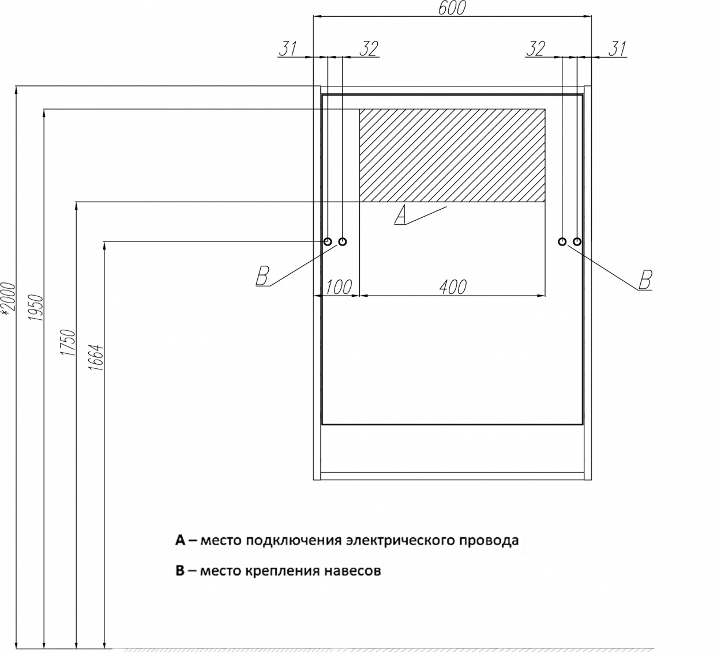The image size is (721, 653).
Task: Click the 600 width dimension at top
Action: coord(452,8)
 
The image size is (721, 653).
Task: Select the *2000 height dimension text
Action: coord(8,300)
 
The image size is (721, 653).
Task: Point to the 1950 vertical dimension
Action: coord(36,307)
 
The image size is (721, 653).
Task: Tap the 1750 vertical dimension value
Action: coord(68,342)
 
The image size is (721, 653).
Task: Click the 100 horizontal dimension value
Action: coord(339,287)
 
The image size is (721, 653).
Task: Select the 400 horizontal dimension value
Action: coord(453,287)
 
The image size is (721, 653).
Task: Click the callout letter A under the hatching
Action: coord(400,214)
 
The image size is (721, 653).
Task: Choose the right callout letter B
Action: coord(645,280)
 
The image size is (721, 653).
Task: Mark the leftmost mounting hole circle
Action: coord(328,241)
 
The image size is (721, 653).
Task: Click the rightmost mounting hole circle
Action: coord(577,241)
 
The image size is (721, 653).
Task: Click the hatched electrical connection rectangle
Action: coord(452,155)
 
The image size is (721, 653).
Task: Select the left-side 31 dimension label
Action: coord(288,49)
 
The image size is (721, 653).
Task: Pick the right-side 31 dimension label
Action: coord(617,49)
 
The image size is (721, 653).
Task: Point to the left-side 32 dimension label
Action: coord(369,49)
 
